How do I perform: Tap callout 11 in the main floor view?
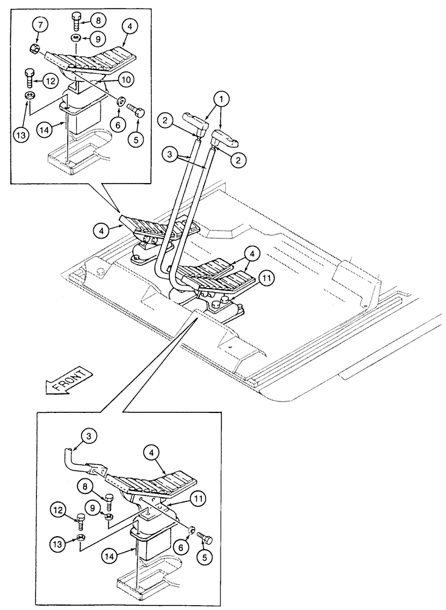point(264,278)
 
